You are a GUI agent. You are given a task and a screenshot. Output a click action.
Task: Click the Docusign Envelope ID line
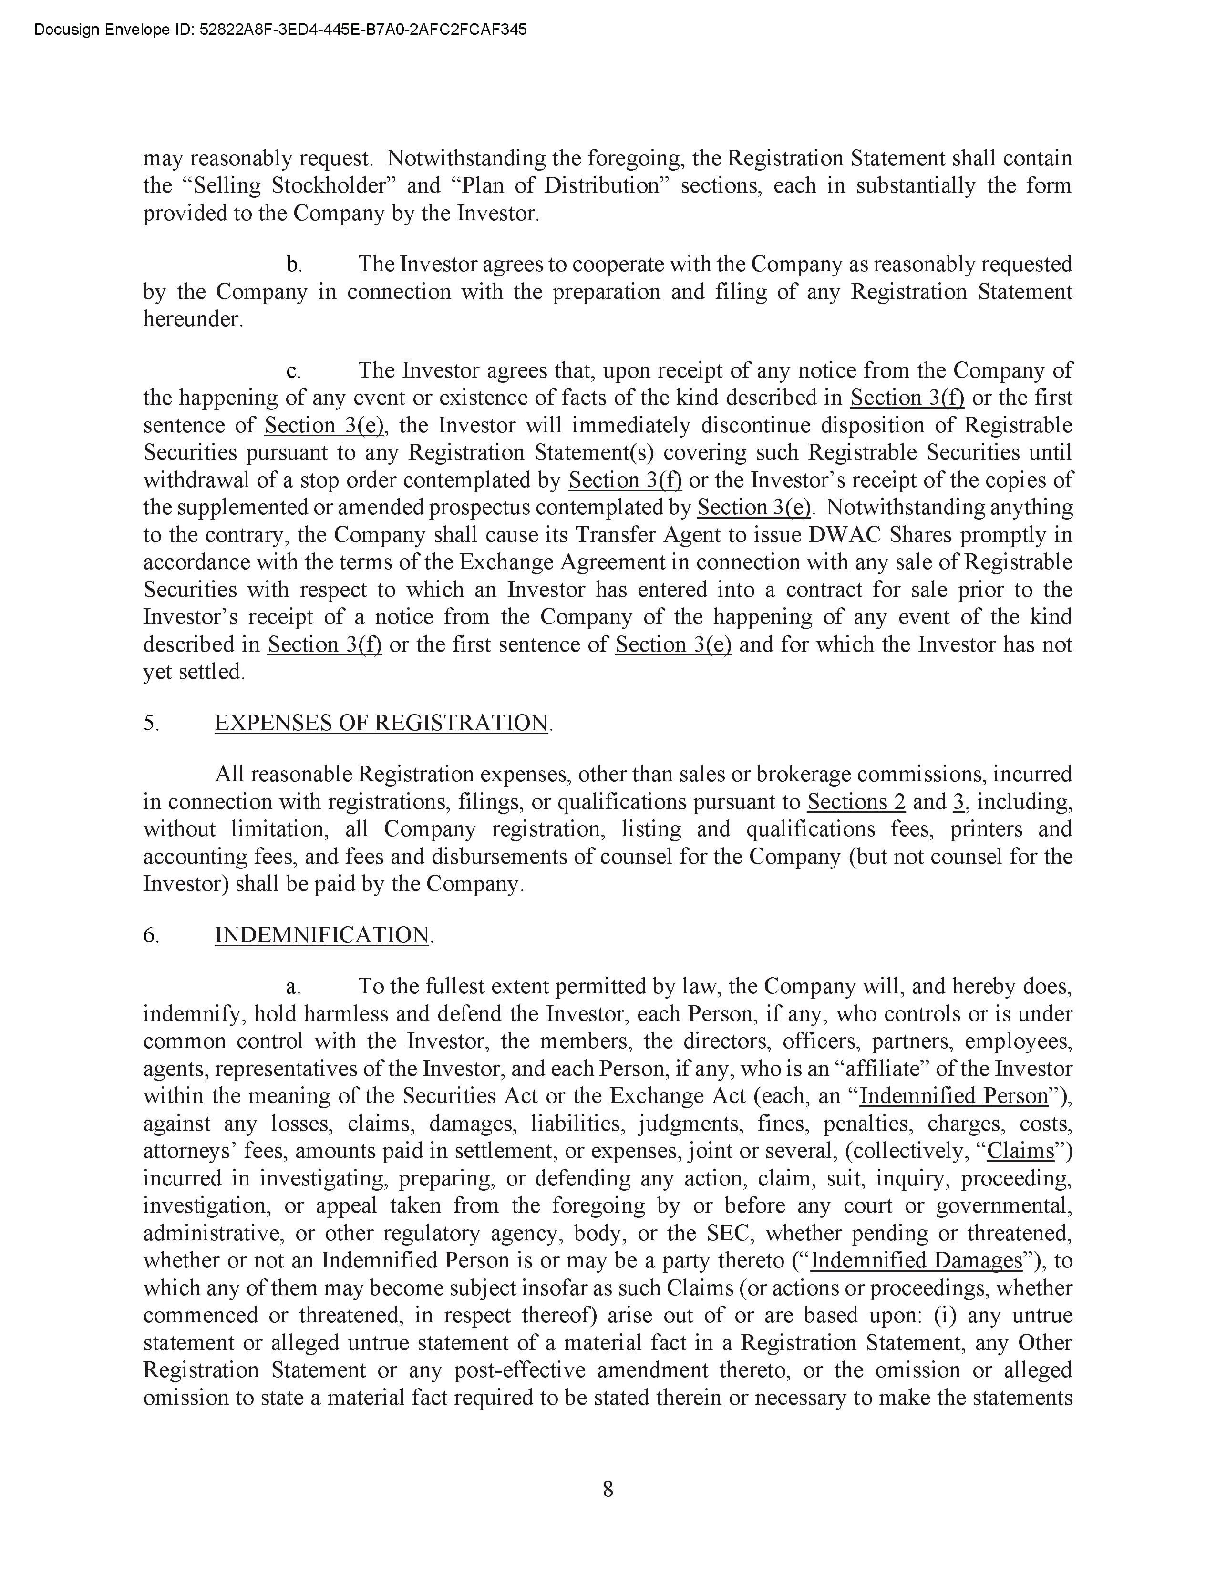pyautogui.click(x=280, y=30)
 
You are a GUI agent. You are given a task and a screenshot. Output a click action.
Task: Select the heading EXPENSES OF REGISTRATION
pyautogui.click(x=381, y=723)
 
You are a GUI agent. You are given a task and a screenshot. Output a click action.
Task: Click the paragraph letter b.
pyautogui.click(x=293, y=265)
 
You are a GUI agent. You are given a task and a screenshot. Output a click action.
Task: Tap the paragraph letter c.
pyautogui.click(x=293, y=371)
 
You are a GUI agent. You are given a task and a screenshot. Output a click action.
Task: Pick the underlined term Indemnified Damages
pyautogui.click(x=917, y=1260)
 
